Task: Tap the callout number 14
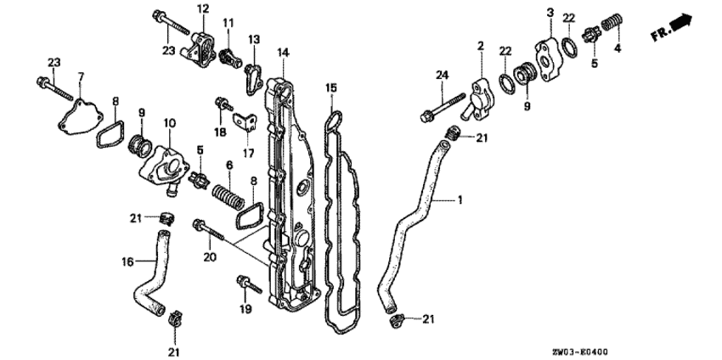tap(283, 53)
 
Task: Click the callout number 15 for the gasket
tap(331, 87)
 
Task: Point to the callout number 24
tap(442, 75)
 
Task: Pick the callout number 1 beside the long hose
tap(459, 200)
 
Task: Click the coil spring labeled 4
tap(612, 21)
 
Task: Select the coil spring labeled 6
tap(228, 195)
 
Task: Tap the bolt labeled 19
tap(249, 284)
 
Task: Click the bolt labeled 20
tap(209, 230)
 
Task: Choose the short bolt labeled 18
tap(223, 104)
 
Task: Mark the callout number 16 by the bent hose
tap(127, 262)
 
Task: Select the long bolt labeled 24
tap(443, 107)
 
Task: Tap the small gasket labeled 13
tap(254, 79)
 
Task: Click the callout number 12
tap(203, 8)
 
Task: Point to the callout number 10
tap(169, 123)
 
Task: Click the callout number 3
tap(550, 13)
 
